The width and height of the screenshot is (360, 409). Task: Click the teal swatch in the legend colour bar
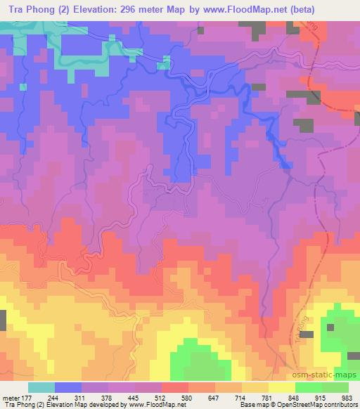coord(41,387)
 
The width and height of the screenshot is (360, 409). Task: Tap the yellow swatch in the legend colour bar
coord(282,387)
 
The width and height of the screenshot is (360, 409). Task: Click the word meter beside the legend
coord(11,397)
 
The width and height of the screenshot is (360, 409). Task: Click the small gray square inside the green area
coord(329,326)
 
